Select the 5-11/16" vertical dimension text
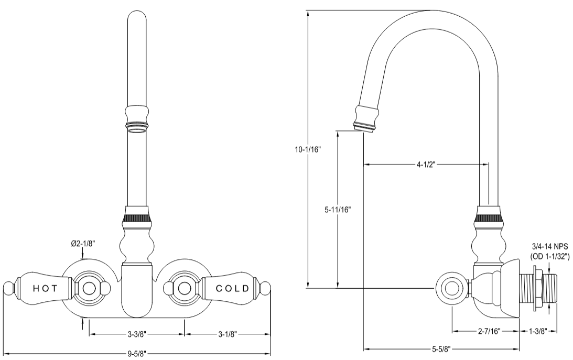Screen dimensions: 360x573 click(337, 210)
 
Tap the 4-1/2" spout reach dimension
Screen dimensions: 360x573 click(426, 165)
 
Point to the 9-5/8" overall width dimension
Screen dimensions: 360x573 click(136, 353)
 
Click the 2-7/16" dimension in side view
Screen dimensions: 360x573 click(486, 331)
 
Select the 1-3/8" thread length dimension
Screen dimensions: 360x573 click(539, 331)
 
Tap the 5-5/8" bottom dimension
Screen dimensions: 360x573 click(442, 348)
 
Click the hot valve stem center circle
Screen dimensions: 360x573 click(90, 288)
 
